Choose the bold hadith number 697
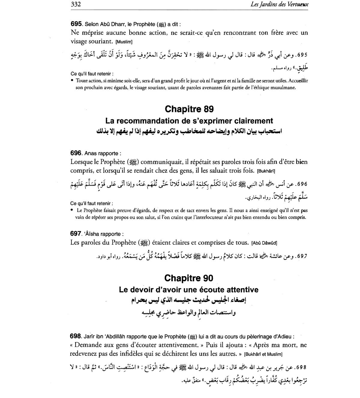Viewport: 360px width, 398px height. [x=76, y=234]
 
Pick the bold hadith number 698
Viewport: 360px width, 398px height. [x=76, y=336]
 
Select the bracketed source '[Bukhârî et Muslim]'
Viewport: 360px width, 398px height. [x=263, y=354]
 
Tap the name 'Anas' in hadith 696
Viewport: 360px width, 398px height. [x=91, y=153]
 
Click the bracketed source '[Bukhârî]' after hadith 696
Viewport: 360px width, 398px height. [x=266, y=171]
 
